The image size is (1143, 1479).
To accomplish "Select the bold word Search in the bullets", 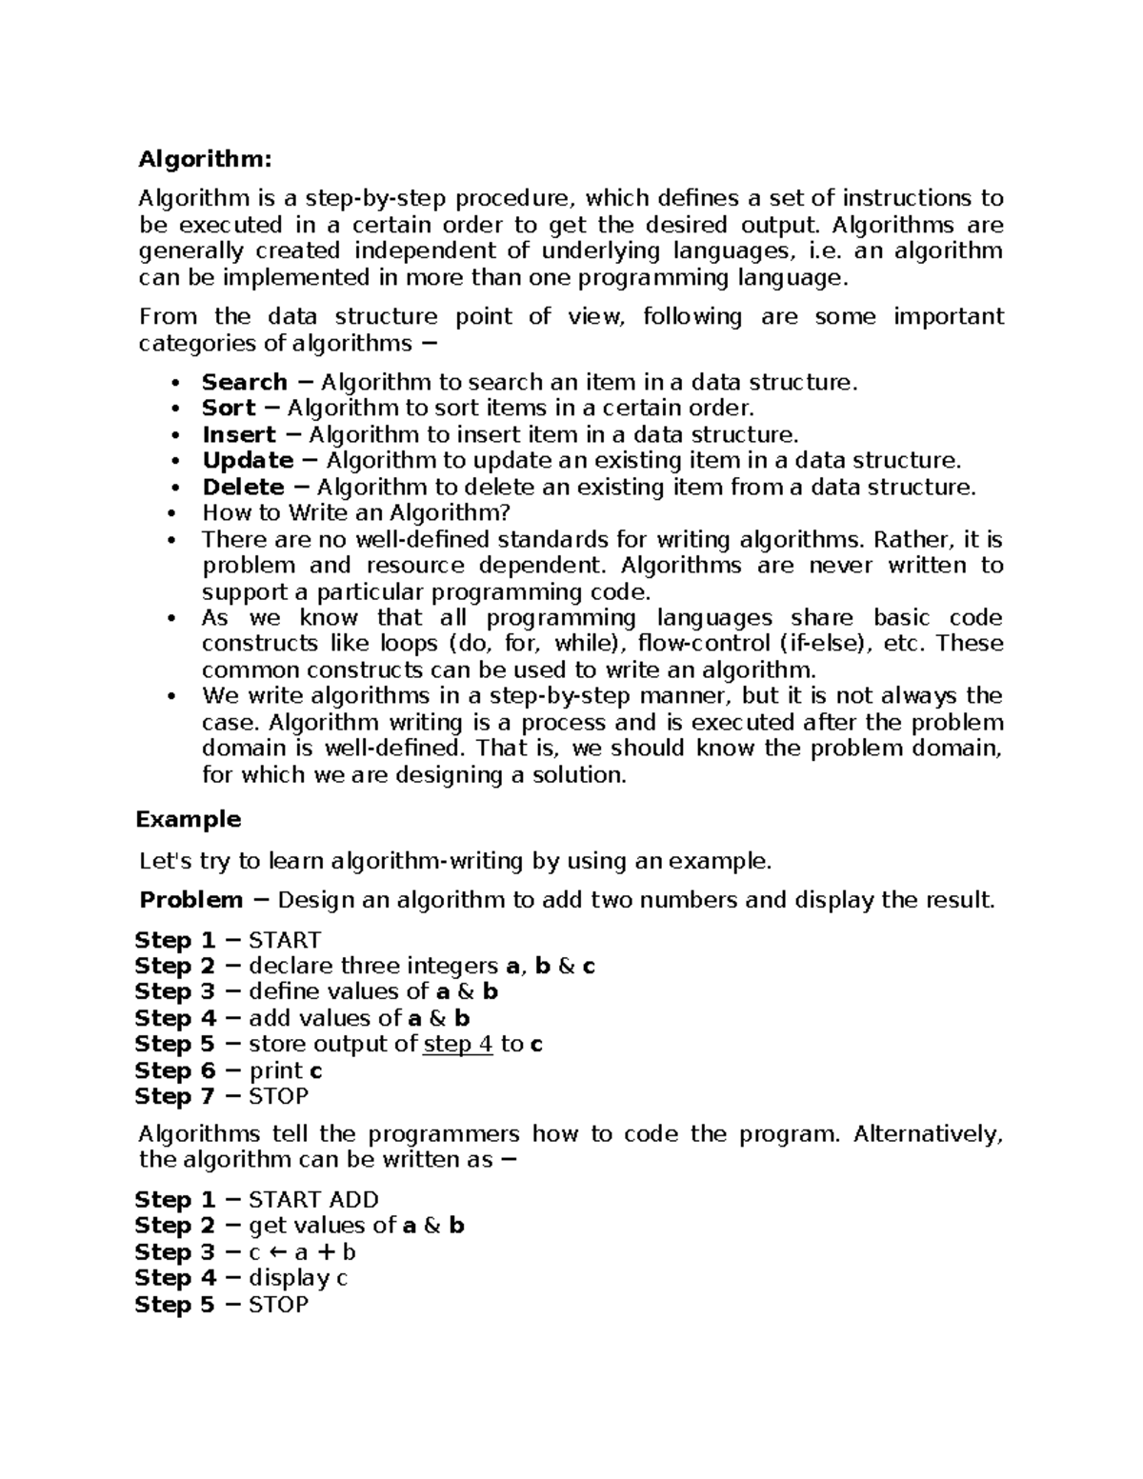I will tap(244, 383).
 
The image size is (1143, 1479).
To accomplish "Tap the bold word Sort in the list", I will tap(229, 409).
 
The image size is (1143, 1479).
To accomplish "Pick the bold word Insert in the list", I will tap(238, 435).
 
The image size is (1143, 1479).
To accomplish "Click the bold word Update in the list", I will tap(248, 461).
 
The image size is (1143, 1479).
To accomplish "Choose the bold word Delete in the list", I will tap(243, 488).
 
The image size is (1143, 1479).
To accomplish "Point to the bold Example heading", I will tap(188, 819).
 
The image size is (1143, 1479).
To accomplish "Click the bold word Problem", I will tap(190, 900).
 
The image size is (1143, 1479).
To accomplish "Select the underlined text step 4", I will tap(457, 1045).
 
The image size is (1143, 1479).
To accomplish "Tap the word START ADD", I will tap(313, 1200).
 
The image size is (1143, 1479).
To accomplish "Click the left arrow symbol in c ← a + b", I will tap(280, 1253).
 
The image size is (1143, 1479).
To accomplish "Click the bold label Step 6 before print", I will tap(175, 1070).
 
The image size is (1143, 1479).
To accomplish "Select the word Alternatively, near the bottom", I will tap(929, 1134).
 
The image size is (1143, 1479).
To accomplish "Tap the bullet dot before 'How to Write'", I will tap(172, 514).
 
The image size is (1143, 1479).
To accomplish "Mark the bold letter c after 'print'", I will tap(316, 1071).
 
